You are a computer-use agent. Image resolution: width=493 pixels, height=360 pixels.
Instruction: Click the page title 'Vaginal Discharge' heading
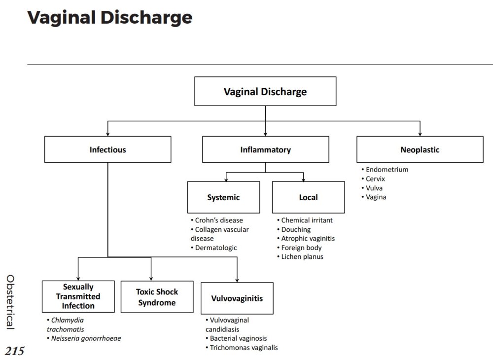pos(109,18)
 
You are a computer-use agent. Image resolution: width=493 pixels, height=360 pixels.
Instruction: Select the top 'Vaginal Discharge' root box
pos(265,91)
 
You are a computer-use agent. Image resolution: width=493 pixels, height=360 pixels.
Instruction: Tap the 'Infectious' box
pos(107,149)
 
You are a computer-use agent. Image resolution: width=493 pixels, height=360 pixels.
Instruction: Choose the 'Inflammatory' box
pos(265,149)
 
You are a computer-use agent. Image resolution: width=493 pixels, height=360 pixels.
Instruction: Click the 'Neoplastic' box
pos(420,149)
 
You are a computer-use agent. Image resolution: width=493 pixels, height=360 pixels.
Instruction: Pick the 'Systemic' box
pos(223,197)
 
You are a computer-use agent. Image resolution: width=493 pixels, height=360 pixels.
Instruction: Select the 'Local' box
pos(308,197)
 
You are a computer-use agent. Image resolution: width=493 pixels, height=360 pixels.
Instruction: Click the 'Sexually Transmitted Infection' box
pos(78,296)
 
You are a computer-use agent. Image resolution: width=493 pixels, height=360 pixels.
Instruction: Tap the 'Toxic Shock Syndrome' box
pos(157,297)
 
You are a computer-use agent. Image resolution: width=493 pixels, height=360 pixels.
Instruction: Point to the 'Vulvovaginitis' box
pos(237,298)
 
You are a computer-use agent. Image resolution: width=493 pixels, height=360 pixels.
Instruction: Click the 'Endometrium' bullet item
pos(387,169)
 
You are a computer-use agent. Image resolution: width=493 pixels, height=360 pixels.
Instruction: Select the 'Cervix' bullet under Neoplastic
pos(375,179)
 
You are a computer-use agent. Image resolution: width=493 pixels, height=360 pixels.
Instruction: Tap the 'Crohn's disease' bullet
pos(218,220)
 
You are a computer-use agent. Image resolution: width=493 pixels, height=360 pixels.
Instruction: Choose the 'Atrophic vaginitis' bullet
pos(308,238)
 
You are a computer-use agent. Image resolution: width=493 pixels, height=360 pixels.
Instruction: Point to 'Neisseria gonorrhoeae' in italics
pos(86,338)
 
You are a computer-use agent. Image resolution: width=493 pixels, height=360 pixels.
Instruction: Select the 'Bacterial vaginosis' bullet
pos(238,338)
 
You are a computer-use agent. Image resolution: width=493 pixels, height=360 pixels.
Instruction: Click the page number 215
pos(14,351)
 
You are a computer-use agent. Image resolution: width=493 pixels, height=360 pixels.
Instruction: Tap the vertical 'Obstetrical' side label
pos(10,302)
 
